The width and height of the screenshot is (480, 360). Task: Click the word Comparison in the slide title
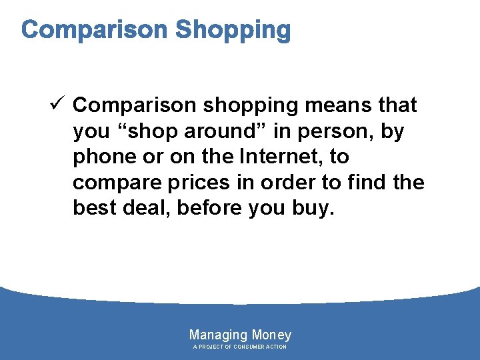click(94, 30)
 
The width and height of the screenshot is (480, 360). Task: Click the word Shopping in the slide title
click(233, 30)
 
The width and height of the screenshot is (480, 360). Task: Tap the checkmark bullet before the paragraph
click(56, 105)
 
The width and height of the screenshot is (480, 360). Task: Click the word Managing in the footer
click(218, 335)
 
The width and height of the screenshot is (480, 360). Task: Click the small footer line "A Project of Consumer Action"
click(240, 347)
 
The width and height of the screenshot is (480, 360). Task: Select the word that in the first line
click(397, 105)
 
